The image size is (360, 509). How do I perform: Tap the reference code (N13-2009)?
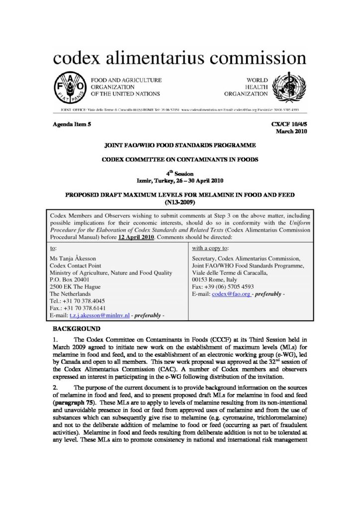point(180,203)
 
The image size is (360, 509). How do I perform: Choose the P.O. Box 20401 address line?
point(75,280)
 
